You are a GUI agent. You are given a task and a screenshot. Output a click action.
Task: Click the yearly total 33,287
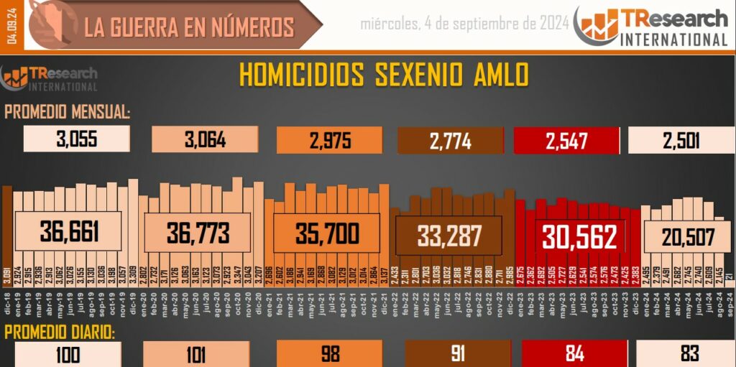click(449, 235)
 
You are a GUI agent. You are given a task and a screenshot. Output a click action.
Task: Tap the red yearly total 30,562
click(580, 236)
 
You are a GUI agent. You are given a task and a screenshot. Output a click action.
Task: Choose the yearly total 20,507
click(688, 236)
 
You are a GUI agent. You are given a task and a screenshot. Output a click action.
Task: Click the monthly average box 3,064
click(205, 140)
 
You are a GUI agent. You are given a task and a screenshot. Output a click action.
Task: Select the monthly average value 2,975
click(331, 140)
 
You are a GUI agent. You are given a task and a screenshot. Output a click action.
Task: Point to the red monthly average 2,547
click(567, 140)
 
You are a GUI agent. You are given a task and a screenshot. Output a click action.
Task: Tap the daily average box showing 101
click(195, 354)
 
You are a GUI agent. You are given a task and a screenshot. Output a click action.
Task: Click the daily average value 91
click(451, 354)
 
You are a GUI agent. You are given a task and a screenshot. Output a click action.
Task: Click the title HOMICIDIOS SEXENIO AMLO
click(384, 75)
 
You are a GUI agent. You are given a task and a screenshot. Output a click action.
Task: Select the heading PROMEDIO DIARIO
click(60, 333)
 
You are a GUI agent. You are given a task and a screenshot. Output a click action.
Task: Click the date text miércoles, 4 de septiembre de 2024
click(464, 24)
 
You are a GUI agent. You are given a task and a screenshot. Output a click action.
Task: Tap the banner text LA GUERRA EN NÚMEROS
click(189, 27)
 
